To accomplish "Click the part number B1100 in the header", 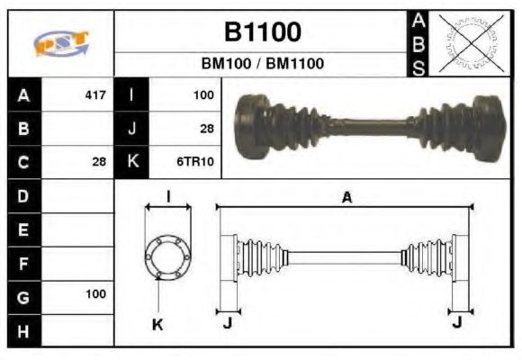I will (x=262, y=32).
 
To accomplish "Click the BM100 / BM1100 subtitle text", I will (x=262, y=64).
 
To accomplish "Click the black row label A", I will (x=23, y=94).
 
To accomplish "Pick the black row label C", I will (x=23, y=162).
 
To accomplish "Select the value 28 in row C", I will (x=99, y=162).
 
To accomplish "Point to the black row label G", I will (x=23, y=295).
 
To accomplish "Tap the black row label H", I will (x=23, y=329).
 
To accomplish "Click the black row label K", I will (x=132, y=162).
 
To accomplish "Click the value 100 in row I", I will (x=202, y=94).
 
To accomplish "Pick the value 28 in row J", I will (x=206, y=129).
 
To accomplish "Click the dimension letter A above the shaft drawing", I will (x=346, y=199).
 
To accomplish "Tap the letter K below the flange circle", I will (x=157, y=324).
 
